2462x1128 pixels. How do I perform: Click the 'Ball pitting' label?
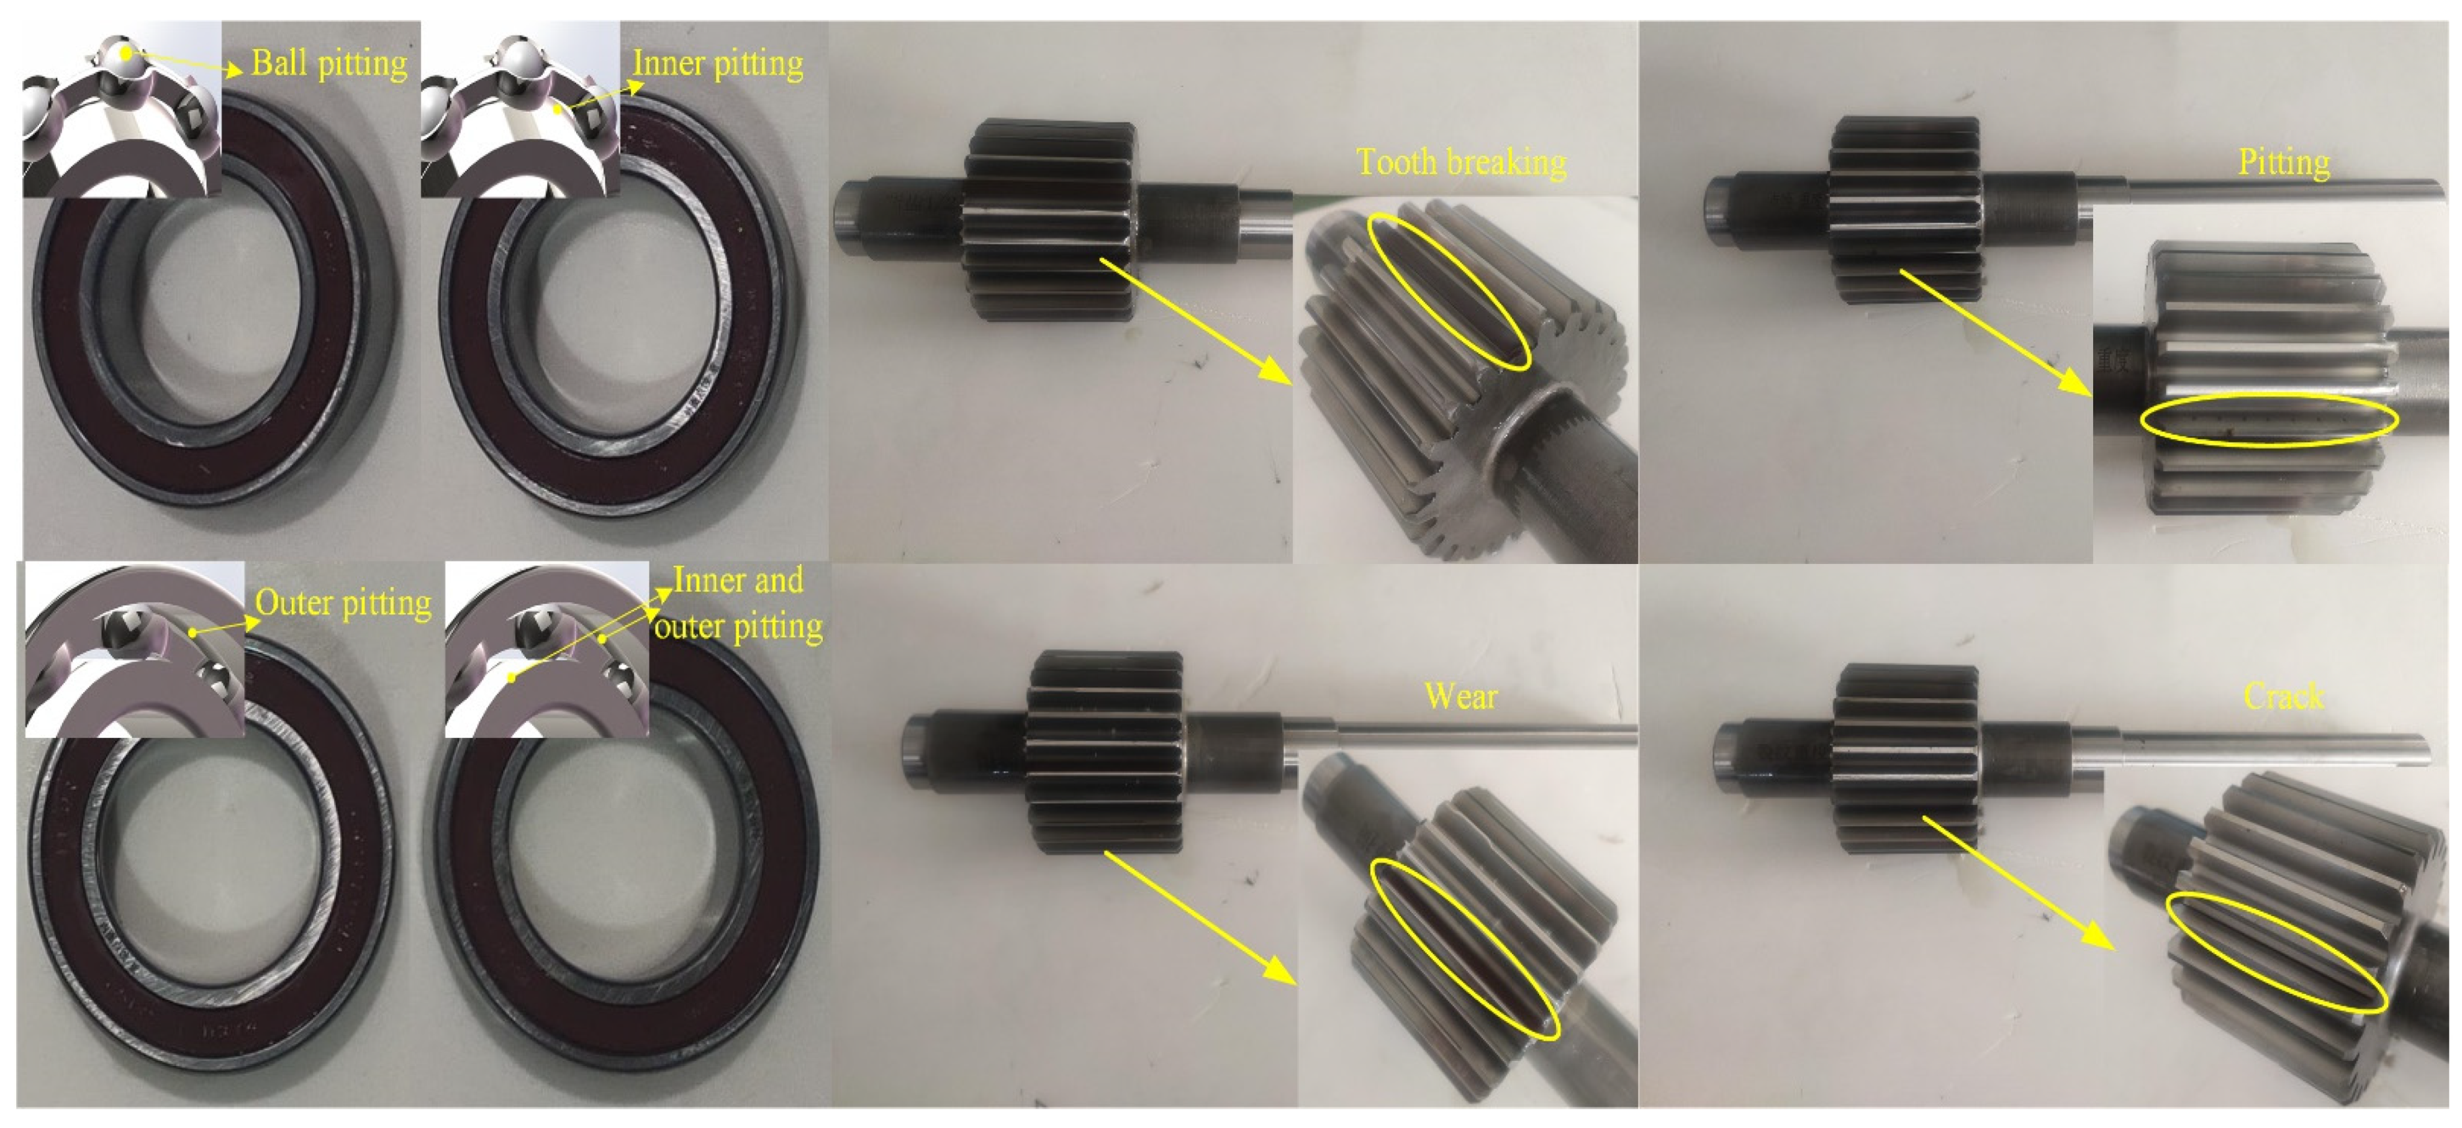point(328,63)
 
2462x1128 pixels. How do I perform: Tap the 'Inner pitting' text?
point(718,63)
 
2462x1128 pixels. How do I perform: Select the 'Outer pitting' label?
point(343,603)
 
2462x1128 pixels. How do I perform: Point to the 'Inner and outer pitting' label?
point(738,603)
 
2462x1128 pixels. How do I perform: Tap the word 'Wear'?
point(1460,695)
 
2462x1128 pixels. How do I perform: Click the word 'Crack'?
point(2283,695)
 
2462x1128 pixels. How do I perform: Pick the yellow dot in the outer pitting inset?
point(193,633)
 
